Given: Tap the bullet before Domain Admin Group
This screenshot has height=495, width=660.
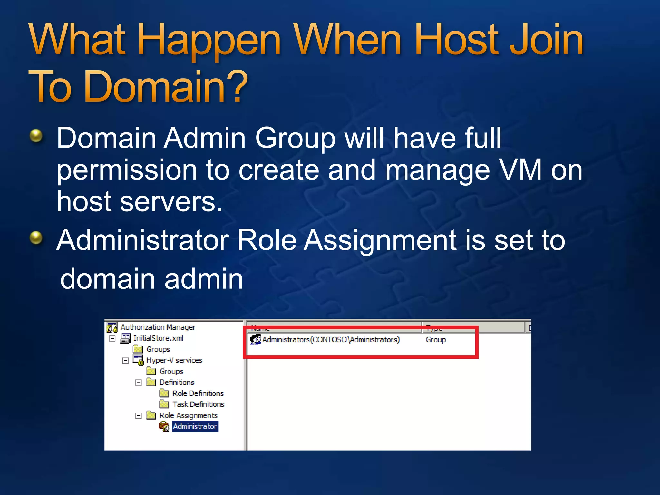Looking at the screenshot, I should tap(36, 136).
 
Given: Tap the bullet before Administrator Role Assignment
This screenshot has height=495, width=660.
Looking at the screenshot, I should tap(36, 238).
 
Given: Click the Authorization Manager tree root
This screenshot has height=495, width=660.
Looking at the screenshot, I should tap(158, 327).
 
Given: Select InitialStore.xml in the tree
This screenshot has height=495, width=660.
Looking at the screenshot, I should tap(158, 338).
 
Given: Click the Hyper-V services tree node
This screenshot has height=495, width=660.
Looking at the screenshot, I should tap(174, 360).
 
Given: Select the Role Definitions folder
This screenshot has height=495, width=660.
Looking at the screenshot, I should tap(198, 393).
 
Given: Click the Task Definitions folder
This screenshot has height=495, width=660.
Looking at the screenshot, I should tap(198, 404).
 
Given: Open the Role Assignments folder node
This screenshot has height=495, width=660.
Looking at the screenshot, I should tap(188, 415).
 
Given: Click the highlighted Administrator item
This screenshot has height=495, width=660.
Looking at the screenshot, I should tap(195, 426).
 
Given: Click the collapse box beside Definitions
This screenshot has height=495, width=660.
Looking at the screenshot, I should tap(139, 383).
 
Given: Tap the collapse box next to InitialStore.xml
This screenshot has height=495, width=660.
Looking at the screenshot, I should tap(112, 339).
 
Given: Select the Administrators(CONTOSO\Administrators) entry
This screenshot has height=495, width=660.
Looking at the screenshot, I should tap(331, 340).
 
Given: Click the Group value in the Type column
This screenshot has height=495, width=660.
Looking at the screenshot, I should tap(435, 340).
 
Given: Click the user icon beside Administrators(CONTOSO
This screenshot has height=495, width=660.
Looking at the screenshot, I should tap(256, 339).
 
